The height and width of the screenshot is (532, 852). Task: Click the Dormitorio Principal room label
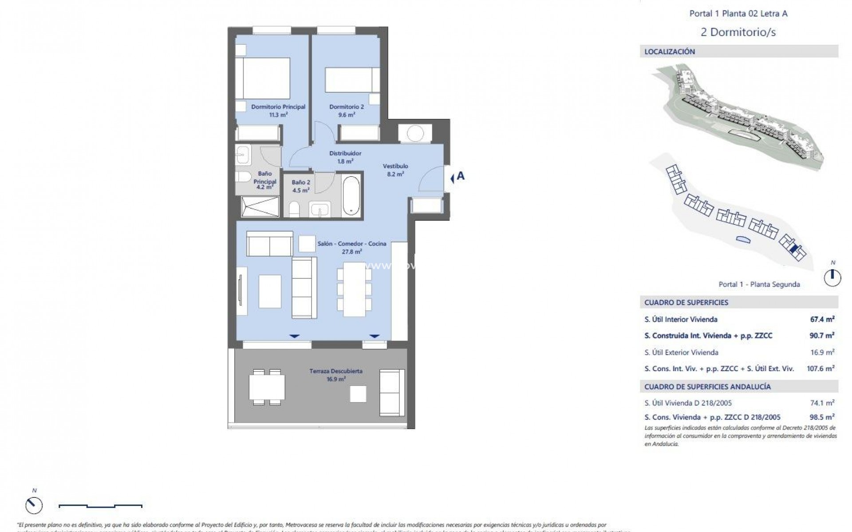click(278, 107)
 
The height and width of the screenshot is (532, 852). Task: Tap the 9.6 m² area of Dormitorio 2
click(347, 115)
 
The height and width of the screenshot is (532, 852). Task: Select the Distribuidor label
click(345, 153)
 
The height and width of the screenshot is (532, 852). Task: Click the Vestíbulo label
click(395, 166)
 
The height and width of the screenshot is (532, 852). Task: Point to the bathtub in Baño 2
click(351, 196)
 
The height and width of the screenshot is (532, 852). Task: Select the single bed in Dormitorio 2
click(352, 79)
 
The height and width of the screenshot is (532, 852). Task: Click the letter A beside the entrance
click(461, 176)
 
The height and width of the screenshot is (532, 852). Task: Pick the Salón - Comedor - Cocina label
click(351, 244)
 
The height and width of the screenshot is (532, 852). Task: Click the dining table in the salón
click(354, 289)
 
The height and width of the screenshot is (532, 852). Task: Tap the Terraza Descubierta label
click(336, 371)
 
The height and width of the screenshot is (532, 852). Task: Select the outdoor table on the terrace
click(267, 387)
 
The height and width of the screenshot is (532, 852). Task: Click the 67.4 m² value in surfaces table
click(822, 319)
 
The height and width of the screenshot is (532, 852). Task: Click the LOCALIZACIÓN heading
click(670, 52)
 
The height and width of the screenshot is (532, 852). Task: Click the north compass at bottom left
click(34, 505)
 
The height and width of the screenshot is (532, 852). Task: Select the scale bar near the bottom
click(100, 505)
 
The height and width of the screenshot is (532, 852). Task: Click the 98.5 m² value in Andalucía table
click(822, 417)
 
